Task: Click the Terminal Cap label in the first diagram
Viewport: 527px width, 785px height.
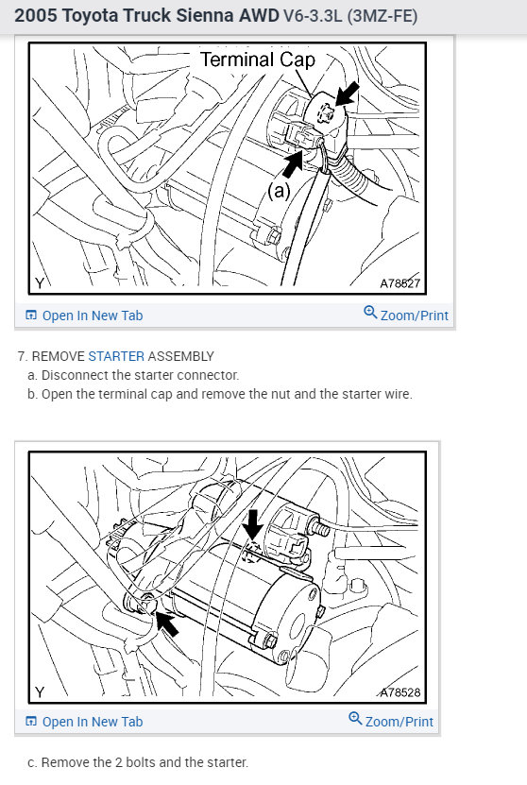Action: coord(258,60)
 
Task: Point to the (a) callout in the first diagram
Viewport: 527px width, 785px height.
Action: coord(279,191)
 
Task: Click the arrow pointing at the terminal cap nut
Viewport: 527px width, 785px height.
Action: coord(347,94)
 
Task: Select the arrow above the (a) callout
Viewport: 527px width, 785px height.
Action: coord(293,162)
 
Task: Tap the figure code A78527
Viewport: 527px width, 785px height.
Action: coord(399,283)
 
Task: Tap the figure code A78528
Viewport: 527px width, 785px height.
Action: coord(399,692)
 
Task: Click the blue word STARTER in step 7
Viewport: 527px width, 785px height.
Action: coord(116,356)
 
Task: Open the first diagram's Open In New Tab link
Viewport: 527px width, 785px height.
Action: coord(84,316)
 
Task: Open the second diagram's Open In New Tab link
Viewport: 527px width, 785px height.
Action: coord(84,722)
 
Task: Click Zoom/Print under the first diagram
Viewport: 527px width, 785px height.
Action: coord(406,314)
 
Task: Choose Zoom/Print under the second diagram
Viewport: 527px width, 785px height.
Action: coord(391,720)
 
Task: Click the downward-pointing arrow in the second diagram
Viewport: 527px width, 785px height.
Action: coord(253,525)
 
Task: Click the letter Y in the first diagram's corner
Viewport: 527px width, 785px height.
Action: coord(40,283)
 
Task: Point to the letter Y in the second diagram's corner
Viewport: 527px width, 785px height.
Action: coord(40,692)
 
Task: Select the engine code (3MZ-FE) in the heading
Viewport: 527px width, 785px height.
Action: coord(382,16)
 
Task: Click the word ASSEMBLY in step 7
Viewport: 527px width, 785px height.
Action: coord(180,356)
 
